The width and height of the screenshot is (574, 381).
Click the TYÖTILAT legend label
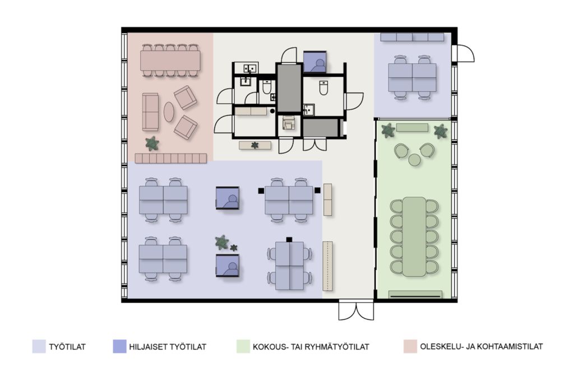point(67,347)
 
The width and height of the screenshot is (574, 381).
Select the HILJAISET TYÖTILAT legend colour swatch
point(120,346)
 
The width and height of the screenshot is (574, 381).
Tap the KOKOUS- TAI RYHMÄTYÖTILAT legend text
point(311,347)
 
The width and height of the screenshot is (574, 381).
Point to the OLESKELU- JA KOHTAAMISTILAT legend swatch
point(410,346)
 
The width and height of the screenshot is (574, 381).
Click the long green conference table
point(414,236)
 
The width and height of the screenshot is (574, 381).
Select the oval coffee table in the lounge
point(168,111)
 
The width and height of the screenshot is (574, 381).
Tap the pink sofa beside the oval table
point(150,111)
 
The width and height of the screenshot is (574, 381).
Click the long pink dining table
point(170,61)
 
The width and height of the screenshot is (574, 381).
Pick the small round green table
point(414,160)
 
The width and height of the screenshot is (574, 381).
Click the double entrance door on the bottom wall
point(356,310)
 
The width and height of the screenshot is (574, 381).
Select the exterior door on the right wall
point(462,53)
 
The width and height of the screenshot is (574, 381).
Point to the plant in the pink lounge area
point(151,143)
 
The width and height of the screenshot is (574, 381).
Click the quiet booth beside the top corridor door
point(314,62)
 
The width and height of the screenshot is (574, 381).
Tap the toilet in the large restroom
point(323,87)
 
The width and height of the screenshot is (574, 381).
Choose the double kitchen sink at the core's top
point(249,68)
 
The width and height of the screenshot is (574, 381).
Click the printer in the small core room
point(289,123)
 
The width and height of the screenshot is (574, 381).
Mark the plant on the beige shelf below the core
point(255,145)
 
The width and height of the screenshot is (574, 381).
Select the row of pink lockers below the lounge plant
point(171,158)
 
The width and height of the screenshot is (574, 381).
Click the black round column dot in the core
point(272,110)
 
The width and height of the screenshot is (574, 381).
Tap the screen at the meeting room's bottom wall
point(415,295)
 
